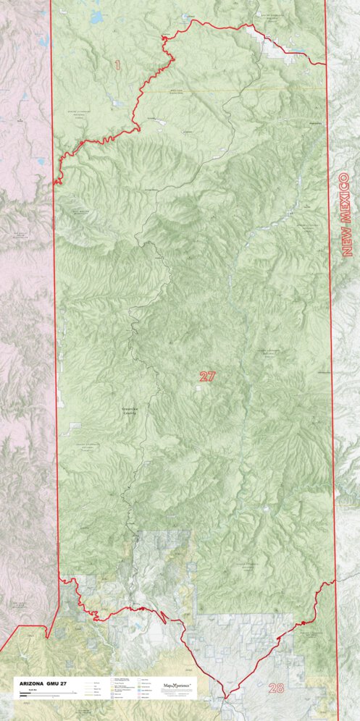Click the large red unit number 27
pyautogui.click(x=208, y=376)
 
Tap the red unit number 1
pyautogui.click(x=117, y=65)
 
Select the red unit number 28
pyautogui.click(x=276, y=688)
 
